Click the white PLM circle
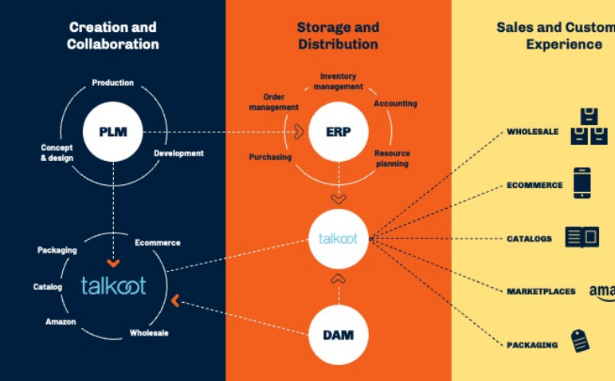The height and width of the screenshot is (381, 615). [x=113, y=132]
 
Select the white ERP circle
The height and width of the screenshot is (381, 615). [x=338, y=132]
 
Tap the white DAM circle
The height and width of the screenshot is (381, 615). [x=338, y=335]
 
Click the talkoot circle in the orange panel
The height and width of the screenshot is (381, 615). [x=339, y=238]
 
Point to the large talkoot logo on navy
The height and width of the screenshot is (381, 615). [x=114, y=285]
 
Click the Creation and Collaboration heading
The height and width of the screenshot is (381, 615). [x=112, y=36]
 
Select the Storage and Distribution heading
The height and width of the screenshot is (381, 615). [x=338, y=36]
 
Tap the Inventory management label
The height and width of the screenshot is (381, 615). [x=338, y=81]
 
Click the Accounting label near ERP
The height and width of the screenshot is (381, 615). [x=395, y=104]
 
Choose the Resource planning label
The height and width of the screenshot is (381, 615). [x=391, y=159]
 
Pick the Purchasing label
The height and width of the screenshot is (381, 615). [x=270, y=157]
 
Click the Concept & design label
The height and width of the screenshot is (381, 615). [x=57, y=152]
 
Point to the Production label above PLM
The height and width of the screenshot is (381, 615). [x=112, y=83]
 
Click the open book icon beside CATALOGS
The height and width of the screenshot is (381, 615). [x=582, y=237]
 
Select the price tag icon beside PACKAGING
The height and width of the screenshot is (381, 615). [x=580, y=341]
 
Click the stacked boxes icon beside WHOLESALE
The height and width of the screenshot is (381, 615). [x=589, y=128]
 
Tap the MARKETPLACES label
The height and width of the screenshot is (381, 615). [x=541, y=292]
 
